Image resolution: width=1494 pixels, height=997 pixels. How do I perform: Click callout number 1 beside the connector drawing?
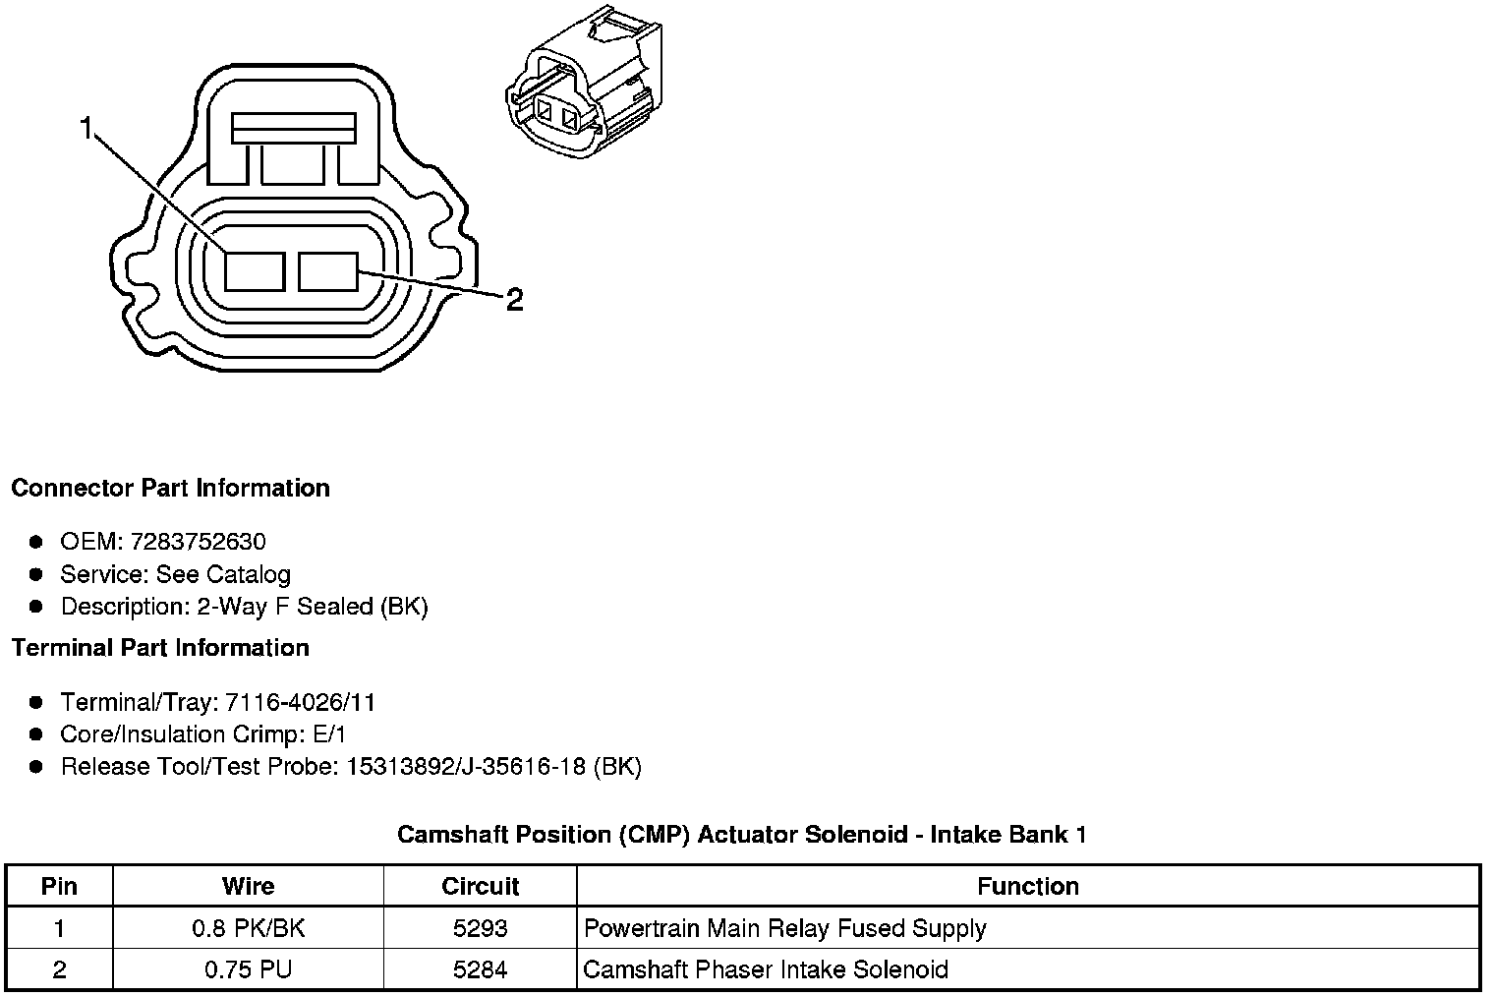[x=87, y=129]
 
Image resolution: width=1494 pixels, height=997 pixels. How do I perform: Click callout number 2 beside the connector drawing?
[x=514, y=299]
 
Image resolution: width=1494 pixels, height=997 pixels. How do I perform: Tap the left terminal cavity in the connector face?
[x=255, y=271]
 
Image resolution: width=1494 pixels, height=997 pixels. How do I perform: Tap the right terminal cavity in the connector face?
[x=328, y=271]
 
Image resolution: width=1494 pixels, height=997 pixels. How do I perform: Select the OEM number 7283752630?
[x=197, y=542]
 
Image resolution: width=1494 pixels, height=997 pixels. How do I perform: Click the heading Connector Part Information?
[x=170, y=489]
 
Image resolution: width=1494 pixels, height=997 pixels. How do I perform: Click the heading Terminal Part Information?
[x=160, y=648]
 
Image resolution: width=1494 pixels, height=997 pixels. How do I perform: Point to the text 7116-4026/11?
[x=300, y=702]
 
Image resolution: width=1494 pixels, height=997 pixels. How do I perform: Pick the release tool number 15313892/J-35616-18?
[x=467, y=767]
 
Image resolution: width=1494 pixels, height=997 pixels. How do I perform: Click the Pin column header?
[x=59, y=886]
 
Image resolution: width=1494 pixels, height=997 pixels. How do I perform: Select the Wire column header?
[x=248, y=886]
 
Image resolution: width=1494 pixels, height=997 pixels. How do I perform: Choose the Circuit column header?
[x=480, y=886]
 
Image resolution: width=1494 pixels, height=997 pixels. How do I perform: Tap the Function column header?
[x=1027, y=886]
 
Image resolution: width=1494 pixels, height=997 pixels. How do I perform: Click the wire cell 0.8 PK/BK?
[x=248, y=928]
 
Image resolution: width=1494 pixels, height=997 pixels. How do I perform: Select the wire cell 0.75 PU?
[x=248, y=969]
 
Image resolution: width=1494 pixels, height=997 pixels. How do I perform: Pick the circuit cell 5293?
[x=480, y=928]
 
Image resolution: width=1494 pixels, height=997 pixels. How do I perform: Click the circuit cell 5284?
[x=480, y=969]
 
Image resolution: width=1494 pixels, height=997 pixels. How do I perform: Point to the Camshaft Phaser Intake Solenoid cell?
[x=766, y=969]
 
